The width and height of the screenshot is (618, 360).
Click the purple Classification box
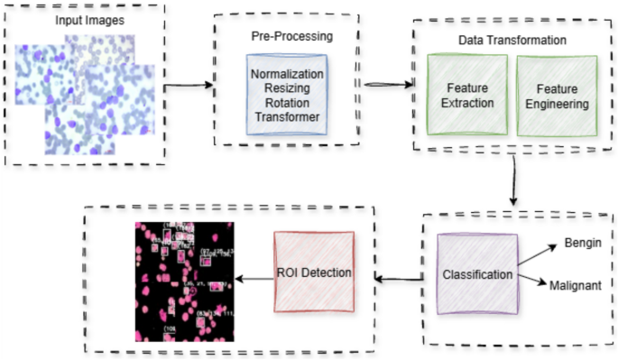pyautogui.click(x=477, y=272)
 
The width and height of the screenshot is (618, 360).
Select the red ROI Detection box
pyautogui.click(x=314, y=273)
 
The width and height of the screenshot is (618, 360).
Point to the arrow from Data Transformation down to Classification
pyautogui.click(x=513, y=180)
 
